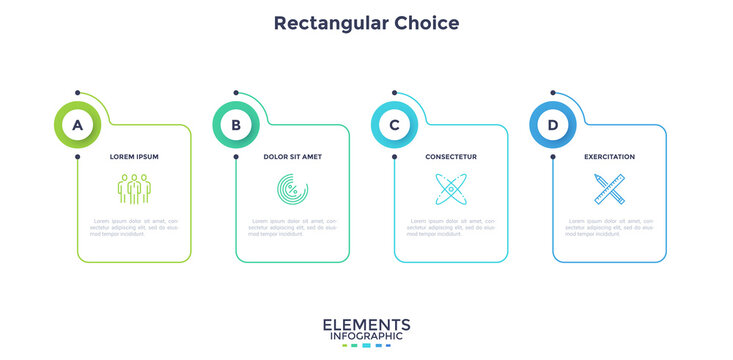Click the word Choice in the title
pyautogui.click(x=426, y=22)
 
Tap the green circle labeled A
pyautogui.click(x=77, y=125)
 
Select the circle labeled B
pyautogui.click(x=236, y=125)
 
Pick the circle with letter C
pyautogui.click(x=394, y=125)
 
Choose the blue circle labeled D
pyautogui.click(x=553, y=125)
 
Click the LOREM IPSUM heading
pyautogui.click(x=134, y=157)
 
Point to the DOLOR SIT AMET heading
pyautogui.click(x=292, y=157)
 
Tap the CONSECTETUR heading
pyautogui.click(x=451, y=157)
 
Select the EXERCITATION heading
pyautogui.click(x=609, y=157)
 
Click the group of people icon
pyautogui.click(x=134, y=188)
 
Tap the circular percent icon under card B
pyautogui.click(x=292, y=188)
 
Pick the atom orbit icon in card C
pyautogui.click(x=451, y=188)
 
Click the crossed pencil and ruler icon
pyautogui.click(x=609, y=188)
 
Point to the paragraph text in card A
pyautogui.click(x=134, y=227)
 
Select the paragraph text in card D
pyautogui.click(x=609, y=227)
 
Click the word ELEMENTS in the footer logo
pyautogui.click(x=366, y=324)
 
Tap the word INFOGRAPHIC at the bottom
pyautogui.click(x=366, y=336)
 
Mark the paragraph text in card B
pyautogui.click(x=292, y=227)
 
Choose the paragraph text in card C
pyautogui.click(x=451, y=227)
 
